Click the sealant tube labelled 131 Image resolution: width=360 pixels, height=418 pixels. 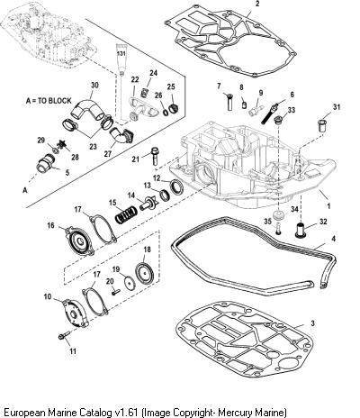click(x=121, y=59)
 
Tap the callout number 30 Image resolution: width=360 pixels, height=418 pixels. click(x=94, y=86)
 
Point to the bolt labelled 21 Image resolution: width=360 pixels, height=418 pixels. click(x=155, y=156)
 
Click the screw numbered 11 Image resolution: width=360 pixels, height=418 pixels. click(x=64, y=335)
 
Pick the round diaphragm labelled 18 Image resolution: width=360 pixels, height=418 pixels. click(x=144, y=272)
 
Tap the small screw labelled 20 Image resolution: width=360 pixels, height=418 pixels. click(x=116, y=291)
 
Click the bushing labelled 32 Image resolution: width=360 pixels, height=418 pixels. click(x=301, y=230)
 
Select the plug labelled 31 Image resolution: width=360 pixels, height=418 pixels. click(x=321, y=125)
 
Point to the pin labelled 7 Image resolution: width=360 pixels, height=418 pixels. click(x=229, y=103)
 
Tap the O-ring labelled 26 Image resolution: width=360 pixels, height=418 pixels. click(x=166, y=113)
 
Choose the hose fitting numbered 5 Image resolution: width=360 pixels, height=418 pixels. click(x=45, y=163)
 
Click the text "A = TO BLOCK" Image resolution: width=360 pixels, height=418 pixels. click(x=49, y=101)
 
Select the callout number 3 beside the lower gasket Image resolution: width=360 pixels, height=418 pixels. click(x=312, y=323)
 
